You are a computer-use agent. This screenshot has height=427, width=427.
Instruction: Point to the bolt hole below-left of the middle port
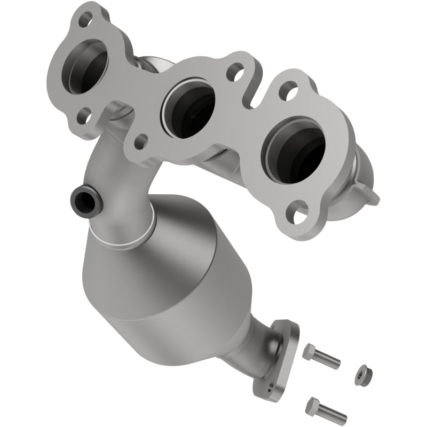click(140, 141)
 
